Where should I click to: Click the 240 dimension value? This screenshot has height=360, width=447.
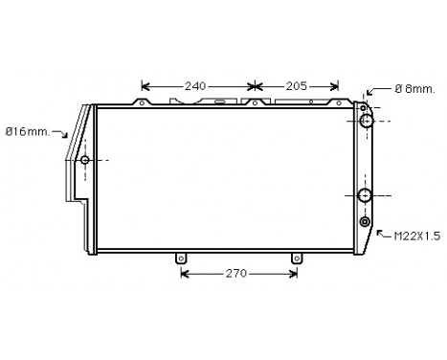pos(195,86)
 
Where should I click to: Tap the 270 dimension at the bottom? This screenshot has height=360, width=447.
pos(235,274)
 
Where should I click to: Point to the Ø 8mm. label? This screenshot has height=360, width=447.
pos(414,88)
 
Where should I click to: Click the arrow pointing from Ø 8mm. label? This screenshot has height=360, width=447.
pos(375,91)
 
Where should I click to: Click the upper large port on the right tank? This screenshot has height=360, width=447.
pos(366,122)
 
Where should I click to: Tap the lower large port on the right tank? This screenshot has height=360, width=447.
pos(366,196)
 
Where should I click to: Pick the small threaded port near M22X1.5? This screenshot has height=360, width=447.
pos(366,223)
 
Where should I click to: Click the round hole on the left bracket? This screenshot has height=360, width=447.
pos(84,159)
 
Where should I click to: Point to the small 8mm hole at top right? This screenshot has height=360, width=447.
pos(364,105)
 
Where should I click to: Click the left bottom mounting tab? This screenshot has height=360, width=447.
pos(179,258)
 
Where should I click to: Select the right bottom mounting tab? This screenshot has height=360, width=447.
pos(296,258)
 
